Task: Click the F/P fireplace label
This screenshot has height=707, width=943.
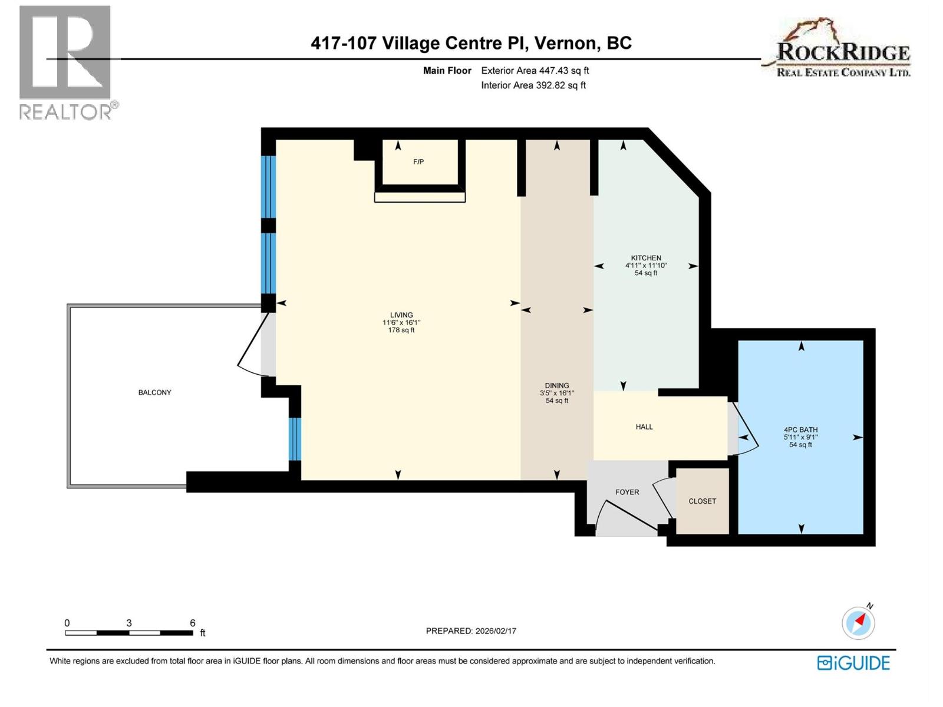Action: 418,161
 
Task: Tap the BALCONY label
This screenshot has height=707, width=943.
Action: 154,392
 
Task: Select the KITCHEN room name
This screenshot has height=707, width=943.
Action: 646,257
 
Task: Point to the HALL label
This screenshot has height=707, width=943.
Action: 644,426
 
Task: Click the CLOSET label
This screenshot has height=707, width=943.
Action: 702,501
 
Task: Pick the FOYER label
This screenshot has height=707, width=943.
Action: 627,491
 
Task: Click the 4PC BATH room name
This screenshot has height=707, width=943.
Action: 800,430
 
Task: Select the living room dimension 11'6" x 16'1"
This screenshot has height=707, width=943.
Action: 401,322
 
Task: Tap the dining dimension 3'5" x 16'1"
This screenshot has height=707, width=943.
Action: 557,393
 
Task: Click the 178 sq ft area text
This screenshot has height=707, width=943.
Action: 401,330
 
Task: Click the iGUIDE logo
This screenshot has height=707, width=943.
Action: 853,663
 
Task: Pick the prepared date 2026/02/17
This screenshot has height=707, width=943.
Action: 495,630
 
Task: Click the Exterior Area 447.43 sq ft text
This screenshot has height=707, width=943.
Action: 535,70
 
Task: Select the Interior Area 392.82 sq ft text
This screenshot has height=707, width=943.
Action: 533,85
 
